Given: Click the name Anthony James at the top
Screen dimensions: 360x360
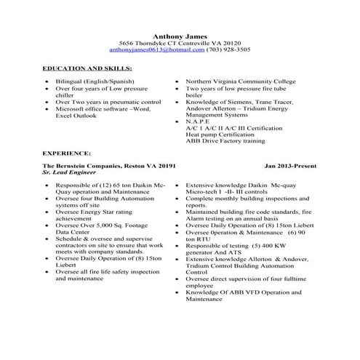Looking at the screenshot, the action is (x=180, y=36).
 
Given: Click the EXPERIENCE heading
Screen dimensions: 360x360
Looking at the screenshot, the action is (x=67, y=154).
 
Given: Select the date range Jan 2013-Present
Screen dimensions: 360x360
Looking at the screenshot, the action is (x=291, y=167).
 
